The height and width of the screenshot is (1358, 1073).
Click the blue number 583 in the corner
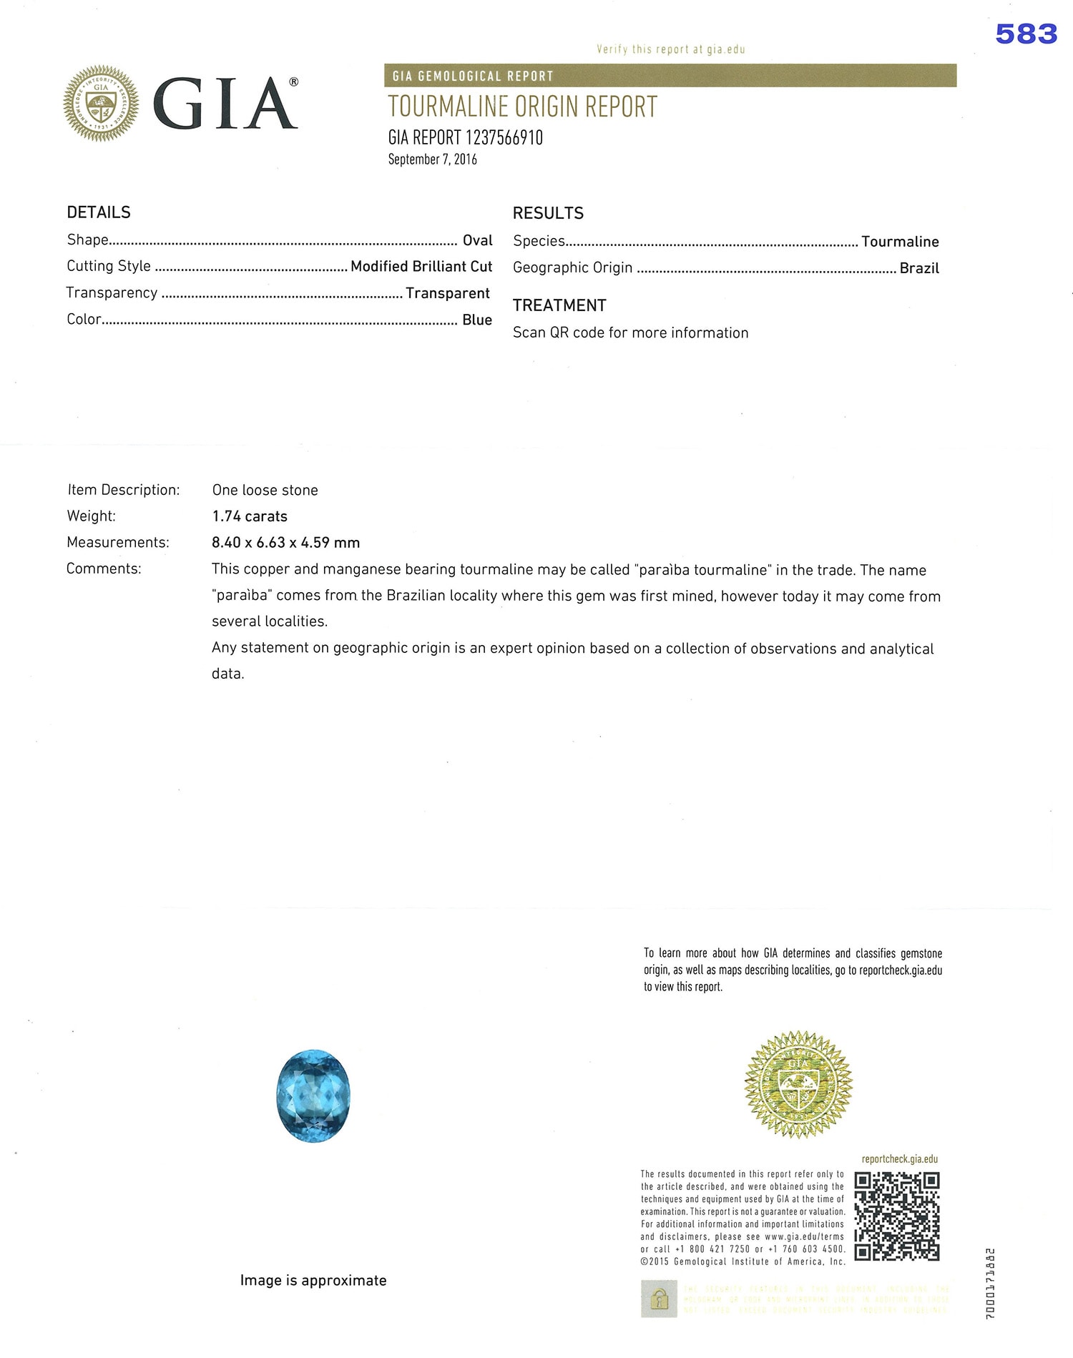pos(1026,34)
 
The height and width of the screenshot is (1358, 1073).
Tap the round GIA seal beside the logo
pos(101,103)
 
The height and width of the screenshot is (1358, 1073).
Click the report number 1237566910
pos(504,138)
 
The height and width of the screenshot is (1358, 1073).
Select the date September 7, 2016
pos(432,159)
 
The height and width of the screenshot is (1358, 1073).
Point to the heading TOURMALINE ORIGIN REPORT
pos(522,107)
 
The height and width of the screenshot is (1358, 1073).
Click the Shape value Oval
pos(477,240)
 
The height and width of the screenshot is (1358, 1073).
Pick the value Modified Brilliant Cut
pos(421,267)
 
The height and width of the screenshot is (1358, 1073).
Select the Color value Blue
pos(476,320)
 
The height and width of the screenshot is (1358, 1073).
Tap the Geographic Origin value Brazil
pos(918,268)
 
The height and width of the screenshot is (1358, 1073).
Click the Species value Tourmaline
pos(899,242)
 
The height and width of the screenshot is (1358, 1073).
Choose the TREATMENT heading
pos(559,305)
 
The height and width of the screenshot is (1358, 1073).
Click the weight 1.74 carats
pos(250,516)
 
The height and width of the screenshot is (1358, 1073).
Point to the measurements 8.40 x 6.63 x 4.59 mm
pos(285,543)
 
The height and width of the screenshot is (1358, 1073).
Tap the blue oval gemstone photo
pos(313,1096)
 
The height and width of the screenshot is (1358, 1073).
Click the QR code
pos(897,1216)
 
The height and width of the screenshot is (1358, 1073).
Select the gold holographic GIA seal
pos(798,1084)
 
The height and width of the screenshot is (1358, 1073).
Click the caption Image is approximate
pos(313,1280)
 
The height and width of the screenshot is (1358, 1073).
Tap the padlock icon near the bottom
pos(659,1298)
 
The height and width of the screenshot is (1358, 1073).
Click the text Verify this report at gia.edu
pos(670,49)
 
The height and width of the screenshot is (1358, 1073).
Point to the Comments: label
pos(104,569)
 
